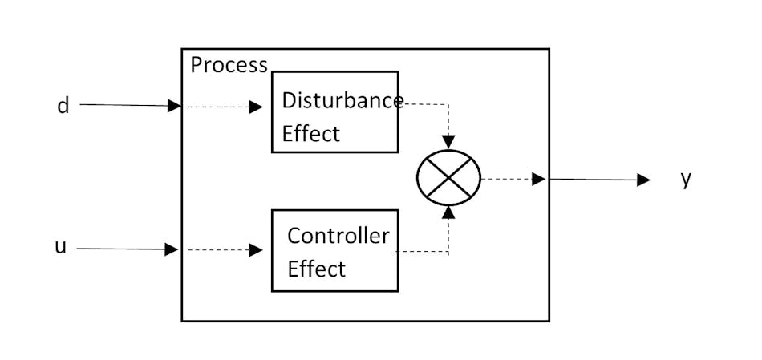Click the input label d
tap(63, 106)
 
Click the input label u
tap(60, 247)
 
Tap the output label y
tap(685, 178)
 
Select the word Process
tap(229, 65)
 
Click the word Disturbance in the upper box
tap(342, 101)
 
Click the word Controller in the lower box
tap(338, 236)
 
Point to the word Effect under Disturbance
tap(310, 133)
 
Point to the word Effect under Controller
tap(316, 269)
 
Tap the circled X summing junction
tap(448, 177)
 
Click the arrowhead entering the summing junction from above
tap(448, 142)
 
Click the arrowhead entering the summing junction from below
tap(448, 212)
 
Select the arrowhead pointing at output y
tap(643, 180)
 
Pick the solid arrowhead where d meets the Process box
tap(174, 106)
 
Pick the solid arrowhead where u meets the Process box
tap(172, 249)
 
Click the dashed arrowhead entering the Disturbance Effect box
tap(256, 107)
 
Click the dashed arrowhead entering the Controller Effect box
tap(256, 250)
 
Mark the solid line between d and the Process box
tap(124, 105)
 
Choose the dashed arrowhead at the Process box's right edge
tap(539, 179)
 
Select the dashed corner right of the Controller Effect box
tap(448, 252)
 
